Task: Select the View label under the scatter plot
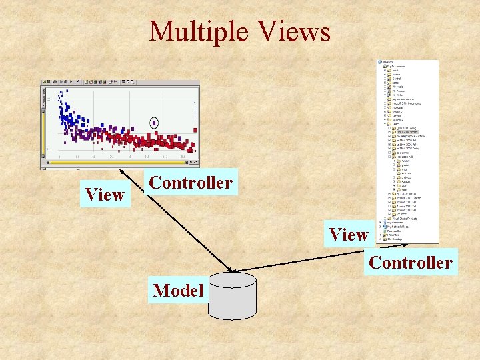105,194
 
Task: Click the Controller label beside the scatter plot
191,183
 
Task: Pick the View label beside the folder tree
348,234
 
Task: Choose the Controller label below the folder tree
410,263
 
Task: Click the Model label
178,291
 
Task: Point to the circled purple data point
155,123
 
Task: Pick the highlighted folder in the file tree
413,133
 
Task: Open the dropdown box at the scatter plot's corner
193,162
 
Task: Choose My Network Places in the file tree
400,225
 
